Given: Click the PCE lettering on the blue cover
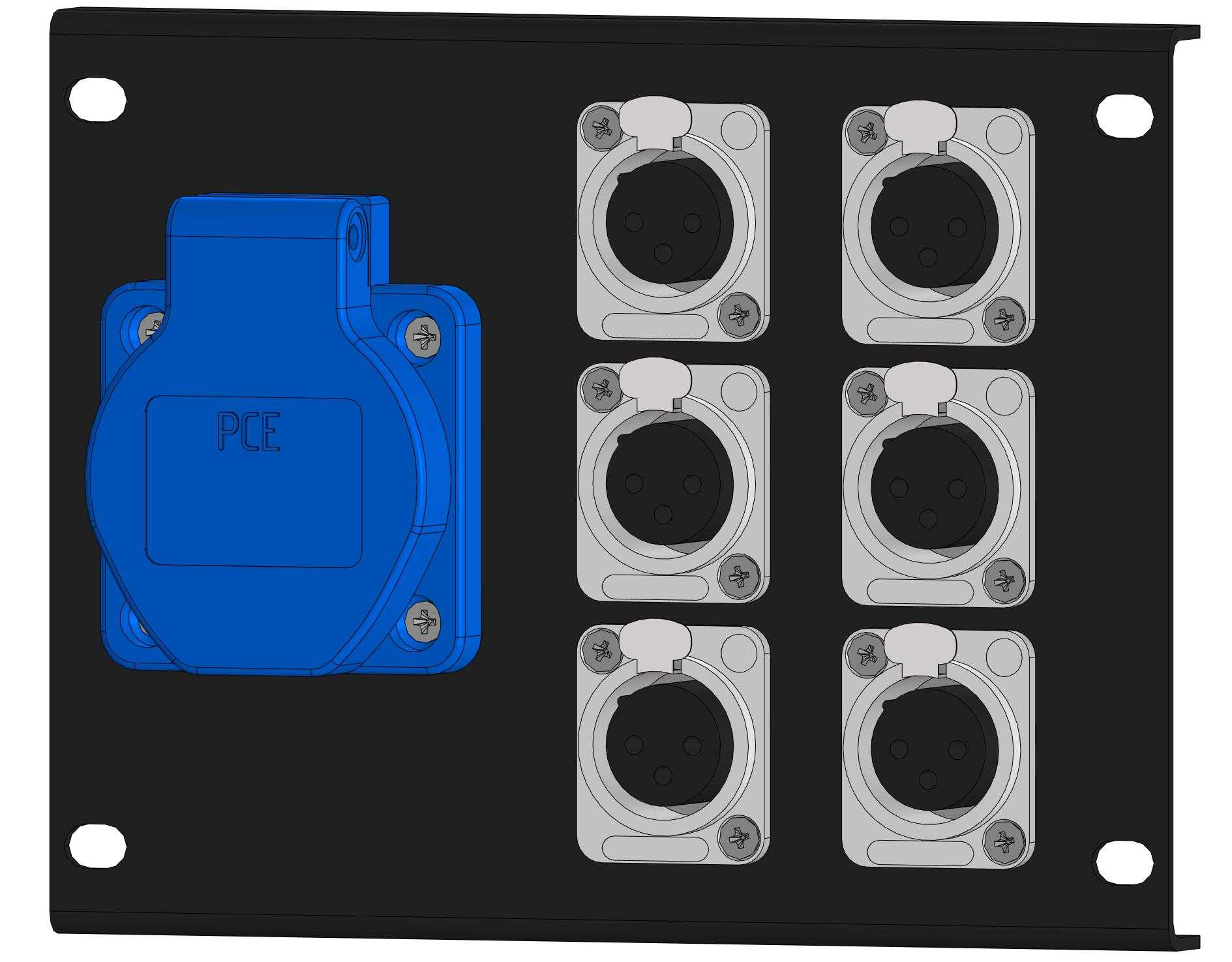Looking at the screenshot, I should [x=249, y=431].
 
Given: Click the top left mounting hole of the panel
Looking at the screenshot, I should [x=97, y=98].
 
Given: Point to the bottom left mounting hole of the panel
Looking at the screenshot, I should [x=97, y=845].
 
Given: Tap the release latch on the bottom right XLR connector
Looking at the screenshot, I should [x=920, y=643].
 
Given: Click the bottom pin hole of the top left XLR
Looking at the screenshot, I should [x=663, y=253].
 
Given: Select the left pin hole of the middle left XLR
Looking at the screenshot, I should [x=633, y=484].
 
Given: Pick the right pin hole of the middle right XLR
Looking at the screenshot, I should [x=957, y=488].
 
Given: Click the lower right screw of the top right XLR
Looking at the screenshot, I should [x=1004, y=320].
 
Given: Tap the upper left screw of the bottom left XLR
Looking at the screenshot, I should [x=601, y=650].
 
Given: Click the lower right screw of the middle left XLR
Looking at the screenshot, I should [x=738, y=576].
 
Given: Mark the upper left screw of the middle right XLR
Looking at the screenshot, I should [x=865, y=393].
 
